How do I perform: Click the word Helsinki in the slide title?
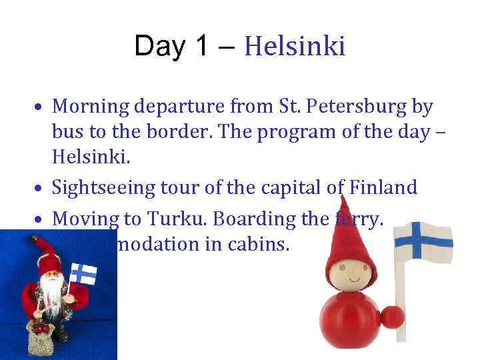pos(295,46)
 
